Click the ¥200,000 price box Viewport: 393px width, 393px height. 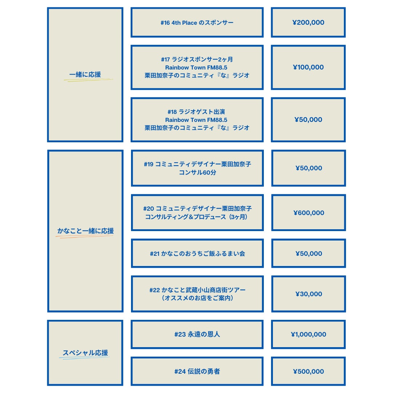pos(308,23)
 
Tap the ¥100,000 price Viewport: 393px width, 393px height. pos(308,67)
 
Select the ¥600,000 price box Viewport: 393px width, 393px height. pos(309,213)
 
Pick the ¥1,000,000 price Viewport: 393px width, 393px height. pos(308,334)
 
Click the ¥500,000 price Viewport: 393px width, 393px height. pos(308,372)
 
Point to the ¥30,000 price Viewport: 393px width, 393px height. pos(309,294)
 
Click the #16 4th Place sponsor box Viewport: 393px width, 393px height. pos(197,23)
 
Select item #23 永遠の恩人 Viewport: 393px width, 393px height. pos(197,334)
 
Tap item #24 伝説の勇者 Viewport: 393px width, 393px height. pos(197,372)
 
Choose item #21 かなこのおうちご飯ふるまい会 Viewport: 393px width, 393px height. pos(197,254)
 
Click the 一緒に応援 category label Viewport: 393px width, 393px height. pos(85,75)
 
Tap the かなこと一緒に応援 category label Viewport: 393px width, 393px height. pos(86,231)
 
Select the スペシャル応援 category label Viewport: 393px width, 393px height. pos(85,353)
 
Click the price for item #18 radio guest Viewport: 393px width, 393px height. pos(308,120)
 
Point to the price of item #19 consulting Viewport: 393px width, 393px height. pos(309,168)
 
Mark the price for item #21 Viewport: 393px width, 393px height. pos(309,254)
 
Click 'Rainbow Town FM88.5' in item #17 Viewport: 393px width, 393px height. pos(197,67)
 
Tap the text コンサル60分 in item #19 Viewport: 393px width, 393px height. pos(197,172)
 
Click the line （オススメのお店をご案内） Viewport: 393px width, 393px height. pos(197,298)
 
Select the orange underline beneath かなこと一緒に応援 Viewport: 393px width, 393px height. pos(84,237)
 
